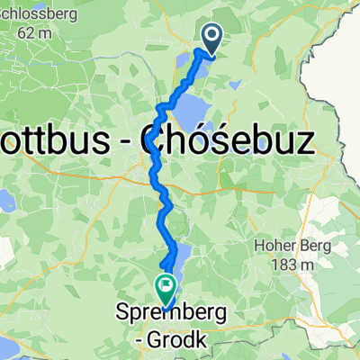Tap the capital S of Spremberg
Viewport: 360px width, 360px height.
[123, 316]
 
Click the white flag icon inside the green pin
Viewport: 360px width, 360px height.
[165, 288]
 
